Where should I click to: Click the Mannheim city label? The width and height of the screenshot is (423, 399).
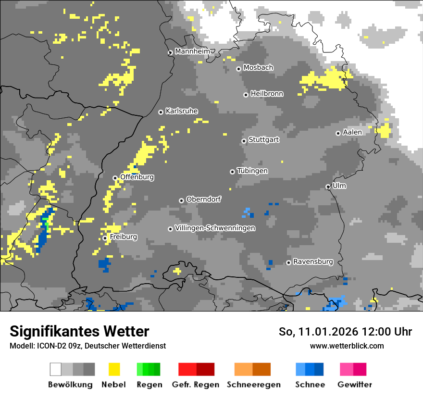tap(192, 51)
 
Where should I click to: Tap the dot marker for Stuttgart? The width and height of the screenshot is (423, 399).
tap(244, 141)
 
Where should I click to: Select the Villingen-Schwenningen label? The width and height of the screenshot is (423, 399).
tap(215, 228)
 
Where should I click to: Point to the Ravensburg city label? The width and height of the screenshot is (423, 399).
tap(313, 262)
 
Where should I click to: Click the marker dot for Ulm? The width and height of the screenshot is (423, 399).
tap(328, 187)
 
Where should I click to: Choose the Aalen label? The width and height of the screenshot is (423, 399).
tap(352, 132)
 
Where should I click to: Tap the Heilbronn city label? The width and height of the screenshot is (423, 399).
tap(267, 94)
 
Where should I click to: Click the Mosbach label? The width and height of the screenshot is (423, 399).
tap(258, 68)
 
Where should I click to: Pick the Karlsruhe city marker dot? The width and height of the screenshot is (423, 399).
tap(161, 112)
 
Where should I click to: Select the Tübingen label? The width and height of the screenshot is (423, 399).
tap(252, 171)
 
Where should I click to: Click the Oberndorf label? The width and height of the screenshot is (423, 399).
tap(204, 199)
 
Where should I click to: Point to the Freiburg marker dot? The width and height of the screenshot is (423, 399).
tap(105, 238)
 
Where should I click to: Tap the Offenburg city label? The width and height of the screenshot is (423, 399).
tap(137, 177)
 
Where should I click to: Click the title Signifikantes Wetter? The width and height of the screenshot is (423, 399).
tap(79, 331)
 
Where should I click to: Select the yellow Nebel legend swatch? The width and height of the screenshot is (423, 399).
tap(114, 369)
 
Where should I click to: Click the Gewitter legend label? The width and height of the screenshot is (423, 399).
tap(354, 385)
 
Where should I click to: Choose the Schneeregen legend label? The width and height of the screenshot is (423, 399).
tap(253, 385)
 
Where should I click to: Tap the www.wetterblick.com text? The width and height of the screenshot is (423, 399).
tap(347, 346)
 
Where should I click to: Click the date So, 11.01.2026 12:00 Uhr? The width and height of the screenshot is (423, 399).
tap(345, 332)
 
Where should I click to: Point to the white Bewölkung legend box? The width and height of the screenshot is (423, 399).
tap(56, 369)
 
